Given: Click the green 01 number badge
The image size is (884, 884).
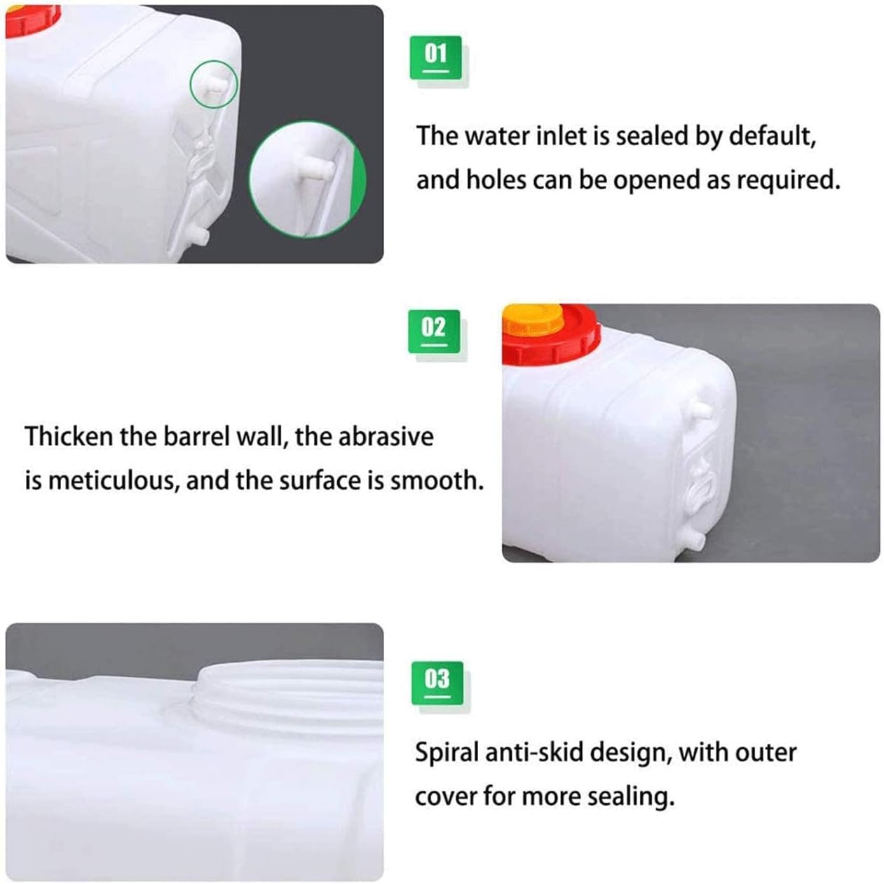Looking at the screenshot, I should click(x=435, y=57).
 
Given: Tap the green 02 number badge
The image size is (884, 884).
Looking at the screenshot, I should click(x=434, y=331).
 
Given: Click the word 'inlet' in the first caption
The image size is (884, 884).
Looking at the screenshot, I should click(x=562, y=135).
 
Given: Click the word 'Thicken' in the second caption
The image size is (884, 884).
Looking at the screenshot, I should click(x=69, y=437).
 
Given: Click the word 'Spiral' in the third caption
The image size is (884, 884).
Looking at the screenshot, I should click(x=446, y=753).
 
